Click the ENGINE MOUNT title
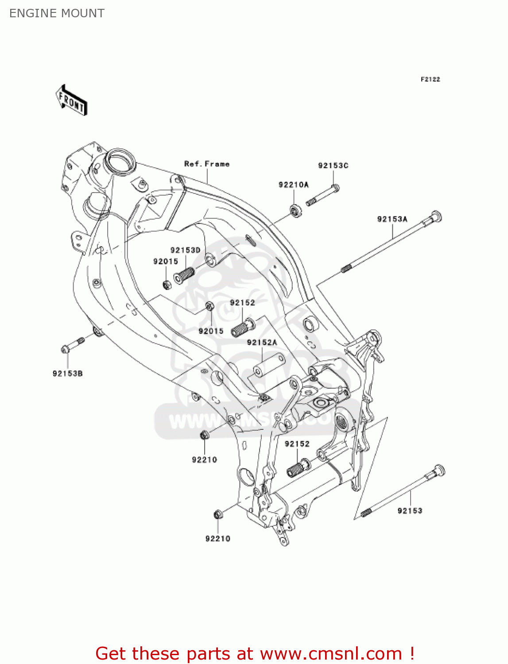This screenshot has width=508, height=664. tap(57, 13)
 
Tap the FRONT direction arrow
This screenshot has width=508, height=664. tap(71, 100)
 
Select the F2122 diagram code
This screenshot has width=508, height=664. tap(430, 79)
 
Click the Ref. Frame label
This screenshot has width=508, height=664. tap(207, 164)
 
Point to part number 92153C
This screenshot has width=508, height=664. tap(333, 166)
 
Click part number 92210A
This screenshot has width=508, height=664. tap(293, 185)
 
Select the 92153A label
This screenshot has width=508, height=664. tap(392, 219)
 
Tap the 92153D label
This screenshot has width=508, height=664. tap(185, 250)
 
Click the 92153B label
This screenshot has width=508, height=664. tap(67, 374)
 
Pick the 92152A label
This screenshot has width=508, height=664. tap(262, 342)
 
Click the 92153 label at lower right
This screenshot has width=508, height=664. tap(410, 511)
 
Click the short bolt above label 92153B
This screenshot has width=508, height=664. tap(73, 345)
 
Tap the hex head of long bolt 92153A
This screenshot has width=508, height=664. tap(435, 217)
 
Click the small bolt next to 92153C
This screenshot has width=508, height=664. tap(323, 195)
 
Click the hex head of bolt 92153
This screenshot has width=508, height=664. tap(438, 470)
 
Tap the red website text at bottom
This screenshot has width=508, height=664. tap(255, 653)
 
